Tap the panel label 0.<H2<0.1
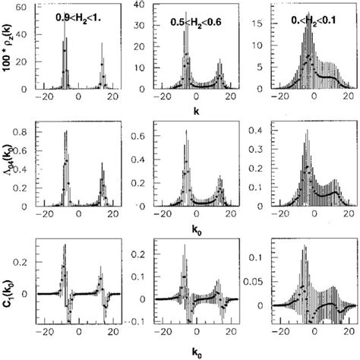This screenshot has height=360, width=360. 303,20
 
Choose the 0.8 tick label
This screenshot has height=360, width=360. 21,133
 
